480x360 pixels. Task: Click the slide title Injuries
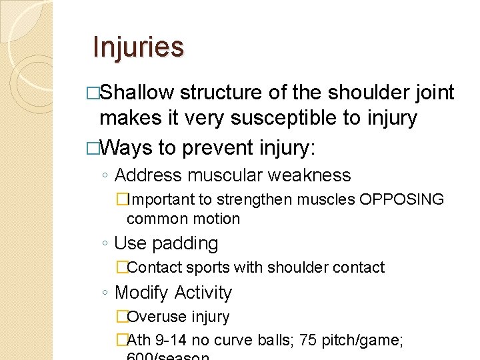(x=138, y=47)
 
